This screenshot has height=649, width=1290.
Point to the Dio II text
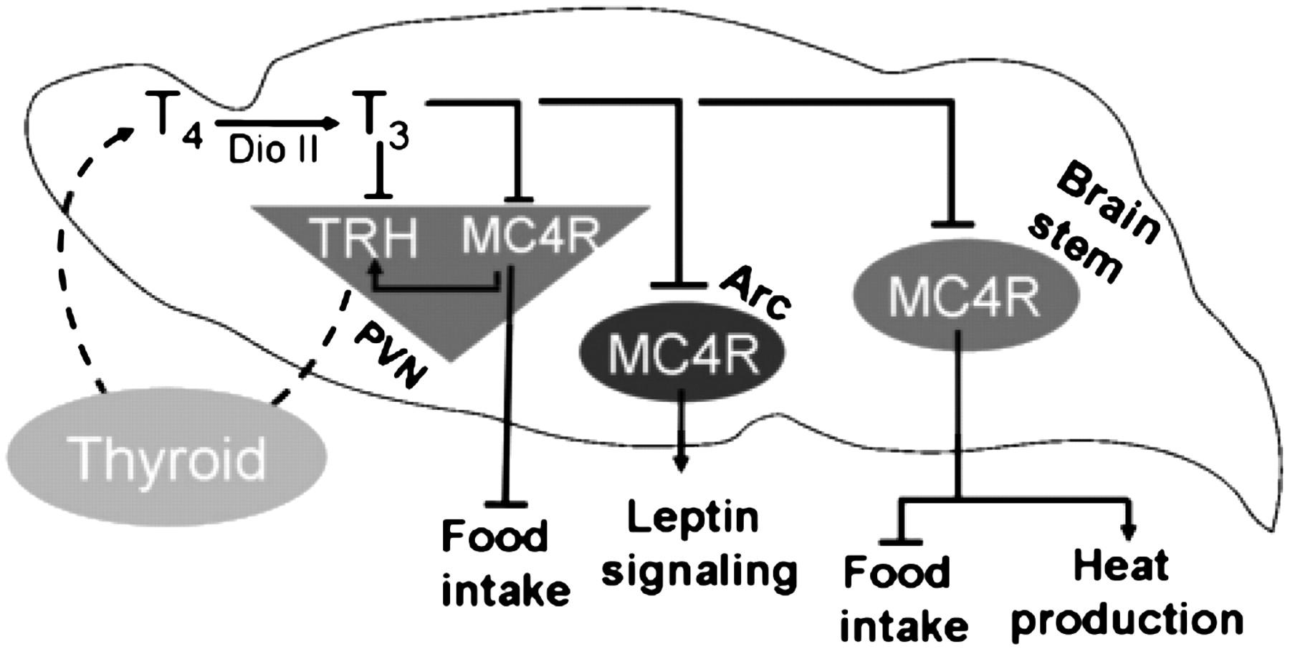pos(274,150)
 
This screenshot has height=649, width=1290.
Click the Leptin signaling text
pos(699,544)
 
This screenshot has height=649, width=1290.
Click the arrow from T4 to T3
pos(276,123)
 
